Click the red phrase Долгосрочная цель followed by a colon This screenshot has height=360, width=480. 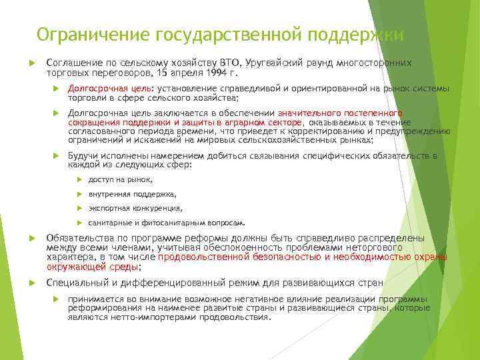(x=109, y=88)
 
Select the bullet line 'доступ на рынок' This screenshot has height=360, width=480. (x=120, y=179)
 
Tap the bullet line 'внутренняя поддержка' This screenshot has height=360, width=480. (x=132, y=194)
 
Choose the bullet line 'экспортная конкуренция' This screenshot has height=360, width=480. (x=135, y=209)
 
